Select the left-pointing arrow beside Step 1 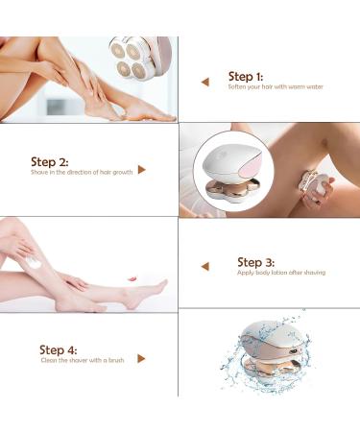point(204,83)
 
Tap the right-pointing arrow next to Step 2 point(142,170)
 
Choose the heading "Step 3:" point(256,261)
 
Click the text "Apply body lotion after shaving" point(280,274)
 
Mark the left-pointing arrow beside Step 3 point(204,267)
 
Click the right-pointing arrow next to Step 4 point(142,358)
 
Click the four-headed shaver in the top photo point(136,60)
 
